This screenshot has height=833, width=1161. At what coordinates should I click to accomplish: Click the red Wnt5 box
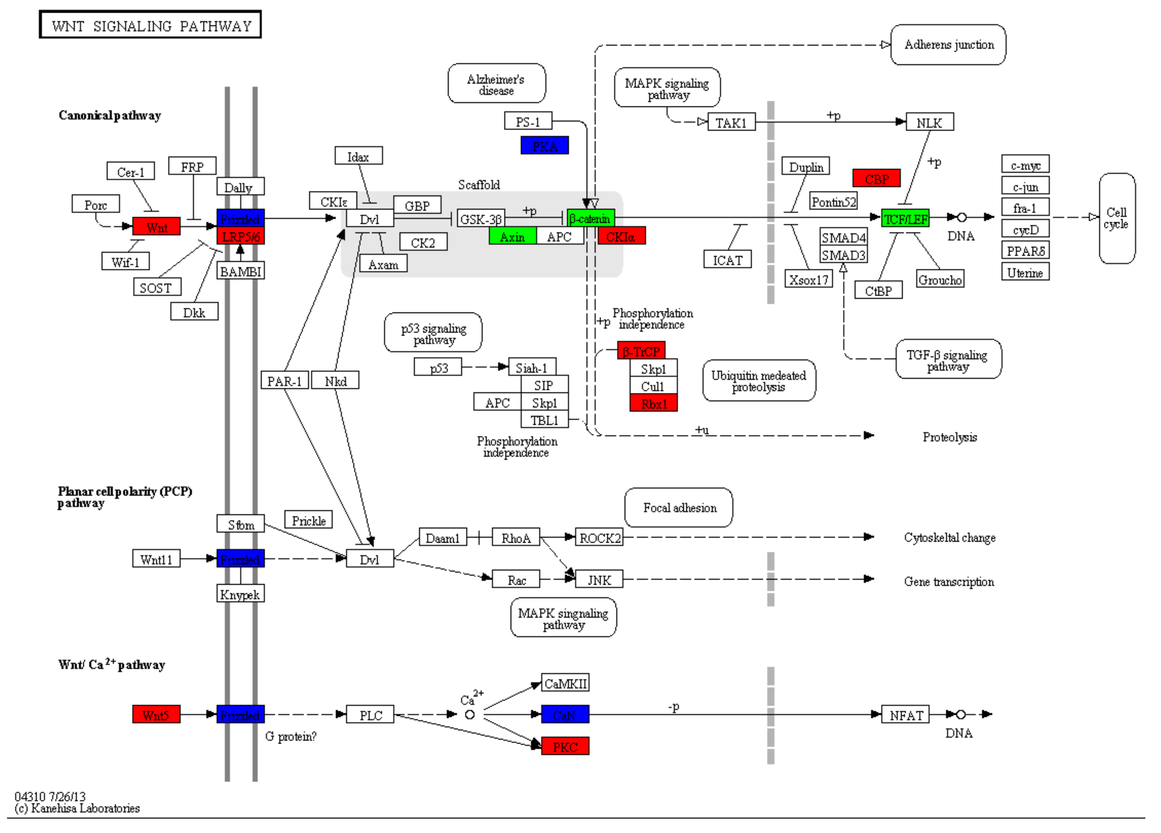156,715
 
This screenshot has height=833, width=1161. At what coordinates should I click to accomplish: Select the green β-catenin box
591,219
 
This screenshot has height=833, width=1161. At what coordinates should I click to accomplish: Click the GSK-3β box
481,219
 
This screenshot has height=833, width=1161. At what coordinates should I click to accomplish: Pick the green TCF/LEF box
905,219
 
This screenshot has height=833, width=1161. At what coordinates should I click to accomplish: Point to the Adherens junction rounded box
948,45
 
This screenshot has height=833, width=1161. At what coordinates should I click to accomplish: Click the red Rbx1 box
653,404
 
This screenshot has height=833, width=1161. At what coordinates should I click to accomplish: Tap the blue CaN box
565,715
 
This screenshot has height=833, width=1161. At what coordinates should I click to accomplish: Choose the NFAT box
905,715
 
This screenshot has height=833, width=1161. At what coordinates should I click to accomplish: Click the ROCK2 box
599,538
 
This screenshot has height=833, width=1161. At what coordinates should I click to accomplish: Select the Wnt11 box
156,559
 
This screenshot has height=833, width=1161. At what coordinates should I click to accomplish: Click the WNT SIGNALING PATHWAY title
150,25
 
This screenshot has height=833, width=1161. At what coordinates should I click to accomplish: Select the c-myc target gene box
1025,165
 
